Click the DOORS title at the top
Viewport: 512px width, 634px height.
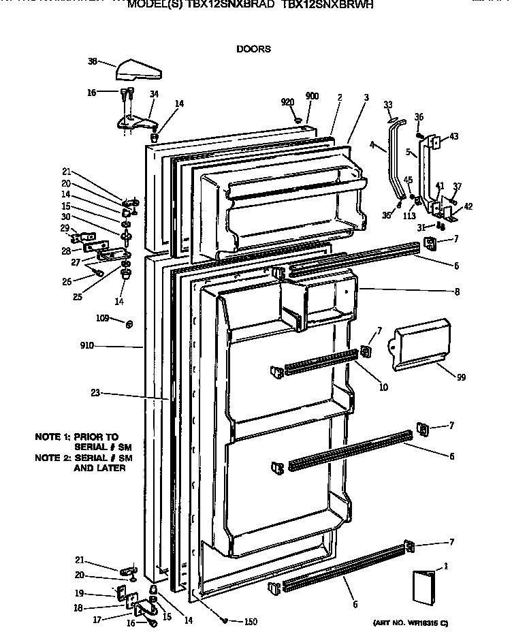[253, 49]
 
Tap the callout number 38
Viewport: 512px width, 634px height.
[92, 61]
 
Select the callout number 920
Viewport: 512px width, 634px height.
[287, 101]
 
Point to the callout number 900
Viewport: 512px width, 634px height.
[312, 96]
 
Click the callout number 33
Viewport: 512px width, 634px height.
[388, 104]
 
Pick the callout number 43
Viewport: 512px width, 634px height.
[453, 136]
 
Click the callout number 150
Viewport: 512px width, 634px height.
[251, 620]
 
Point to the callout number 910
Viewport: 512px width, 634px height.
[86, 347]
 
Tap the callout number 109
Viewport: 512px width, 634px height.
[102, 317]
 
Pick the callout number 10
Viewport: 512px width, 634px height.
[383, 387]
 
